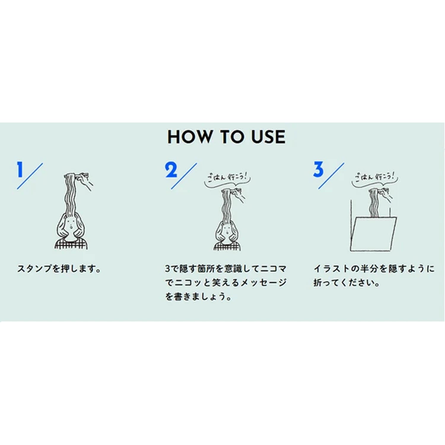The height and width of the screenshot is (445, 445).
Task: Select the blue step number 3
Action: click(x=318, y=169)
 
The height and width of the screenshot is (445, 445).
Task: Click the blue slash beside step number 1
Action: click(x=30, y=176)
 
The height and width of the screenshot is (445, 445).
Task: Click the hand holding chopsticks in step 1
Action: click(x=84, y=180)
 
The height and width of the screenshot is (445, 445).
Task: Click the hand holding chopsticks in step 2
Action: click(x=238, y=194)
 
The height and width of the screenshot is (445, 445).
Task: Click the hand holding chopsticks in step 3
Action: click(x=386, y=194)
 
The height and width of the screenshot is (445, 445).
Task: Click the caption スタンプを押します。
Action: click(x=59, y=269)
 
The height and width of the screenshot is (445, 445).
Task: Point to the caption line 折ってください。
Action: click(x=347, y=282)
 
